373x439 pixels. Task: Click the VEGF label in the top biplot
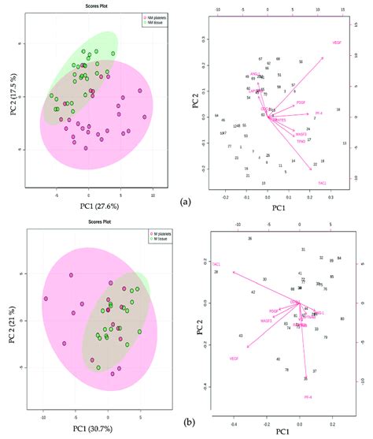click(337, 42)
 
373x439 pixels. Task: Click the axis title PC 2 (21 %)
click(11, 319)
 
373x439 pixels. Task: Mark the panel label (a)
click(186, 202)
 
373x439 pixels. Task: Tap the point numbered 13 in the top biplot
click(345, 143)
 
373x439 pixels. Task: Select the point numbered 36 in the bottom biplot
click(249, 238)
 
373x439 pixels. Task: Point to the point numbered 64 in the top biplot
click(216, 116)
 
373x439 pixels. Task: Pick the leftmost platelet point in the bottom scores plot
click(46, 299)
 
